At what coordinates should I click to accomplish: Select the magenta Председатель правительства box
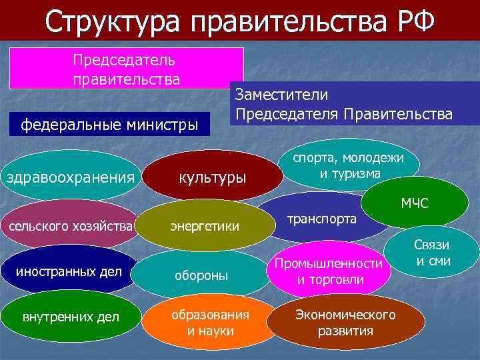127,69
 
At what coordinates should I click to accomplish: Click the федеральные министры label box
109,124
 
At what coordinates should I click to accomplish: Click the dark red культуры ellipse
211,178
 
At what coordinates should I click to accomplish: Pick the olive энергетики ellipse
209,227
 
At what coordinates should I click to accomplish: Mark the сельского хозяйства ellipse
69,226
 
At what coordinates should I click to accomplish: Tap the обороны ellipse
201,275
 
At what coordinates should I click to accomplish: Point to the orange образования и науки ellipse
209,322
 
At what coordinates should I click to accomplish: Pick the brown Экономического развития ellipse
345,323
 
